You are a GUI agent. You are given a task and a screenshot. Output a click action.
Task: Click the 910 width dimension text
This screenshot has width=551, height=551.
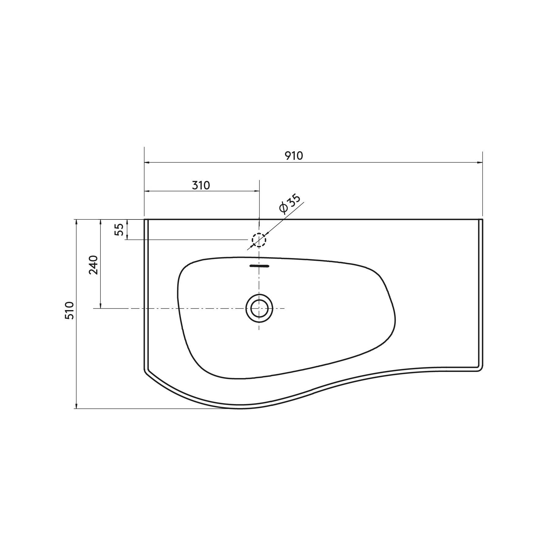pyautogui.click(x=294, y=156)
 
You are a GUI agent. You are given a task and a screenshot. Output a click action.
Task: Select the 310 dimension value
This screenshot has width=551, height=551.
pyautogui.click(x=201, y=185)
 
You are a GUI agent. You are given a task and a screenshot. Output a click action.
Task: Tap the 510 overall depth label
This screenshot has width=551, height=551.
pyautogui.click(x=69, y=310)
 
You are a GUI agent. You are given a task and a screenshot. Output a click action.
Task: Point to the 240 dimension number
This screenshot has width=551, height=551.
pyautogui.click(x=93, y=265)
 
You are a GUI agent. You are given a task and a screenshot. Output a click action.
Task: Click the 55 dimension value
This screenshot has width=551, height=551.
pyautogui.click(x=119, y=230)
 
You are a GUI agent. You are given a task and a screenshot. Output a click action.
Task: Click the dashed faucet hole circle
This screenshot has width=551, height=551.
pyautogui.click(x=259, y=240)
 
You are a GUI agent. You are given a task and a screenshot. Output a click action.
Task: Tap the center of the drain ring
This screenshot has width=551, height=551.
pyautogui.click(x=259, y=308)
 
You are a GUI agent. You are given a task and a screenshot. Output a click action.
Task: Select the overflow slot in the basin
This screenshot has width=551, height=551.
pyautogui.click(x=259, y=266)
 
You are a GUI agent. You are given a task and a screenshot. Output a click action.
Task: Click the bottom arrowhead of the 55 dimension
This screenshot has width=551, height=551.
pyautogui.click(x=127, y=238)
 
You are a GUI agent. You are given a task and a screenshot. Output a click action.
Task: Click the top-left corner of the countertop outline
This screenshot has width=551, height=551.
pyautogui.click(x=144, y=219)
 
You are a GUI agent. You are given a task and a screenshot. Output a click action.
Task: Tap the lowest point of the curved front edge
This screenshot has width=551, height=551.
pyautogui.click(x=241, y=408)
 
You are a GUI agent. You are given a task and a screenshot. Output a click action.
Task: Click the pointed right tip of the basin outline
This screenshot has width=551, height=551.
pyautogui.click(x=396, y=318)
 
